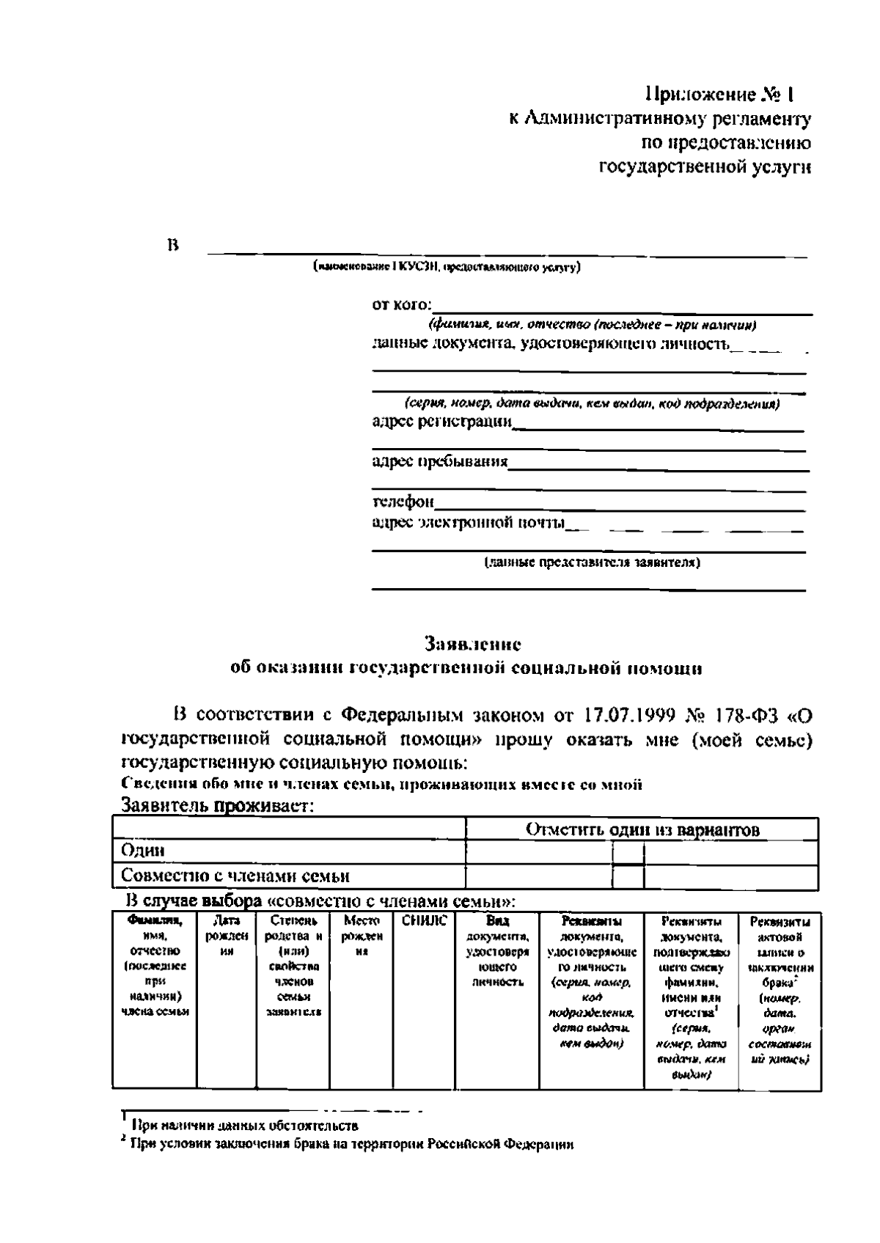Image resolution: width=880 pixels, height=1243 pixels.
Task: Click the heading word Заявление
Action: tap(473, 645)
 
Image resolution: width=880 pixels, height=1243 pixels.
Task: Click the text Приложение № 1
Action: tap(719, 95)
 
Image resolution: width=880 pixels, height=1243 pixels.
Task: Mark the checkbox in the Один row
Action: tap(628, 853)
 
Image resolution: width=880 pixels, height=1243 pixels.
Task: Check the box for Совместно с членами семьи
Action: tap(628, 877)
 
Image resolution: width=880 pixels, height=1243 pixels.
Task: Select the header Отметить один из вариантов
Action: tap(642, 829)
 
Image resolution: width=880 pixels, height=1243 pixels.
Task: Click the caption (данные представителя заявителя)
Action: tap(591, 563)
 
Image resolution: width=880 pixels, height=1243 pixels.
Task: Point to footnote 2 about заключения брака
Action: tap(351, 1144)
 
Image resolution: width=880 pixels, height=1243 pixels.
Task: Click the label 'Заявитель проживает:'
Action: tap(218, 805)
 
